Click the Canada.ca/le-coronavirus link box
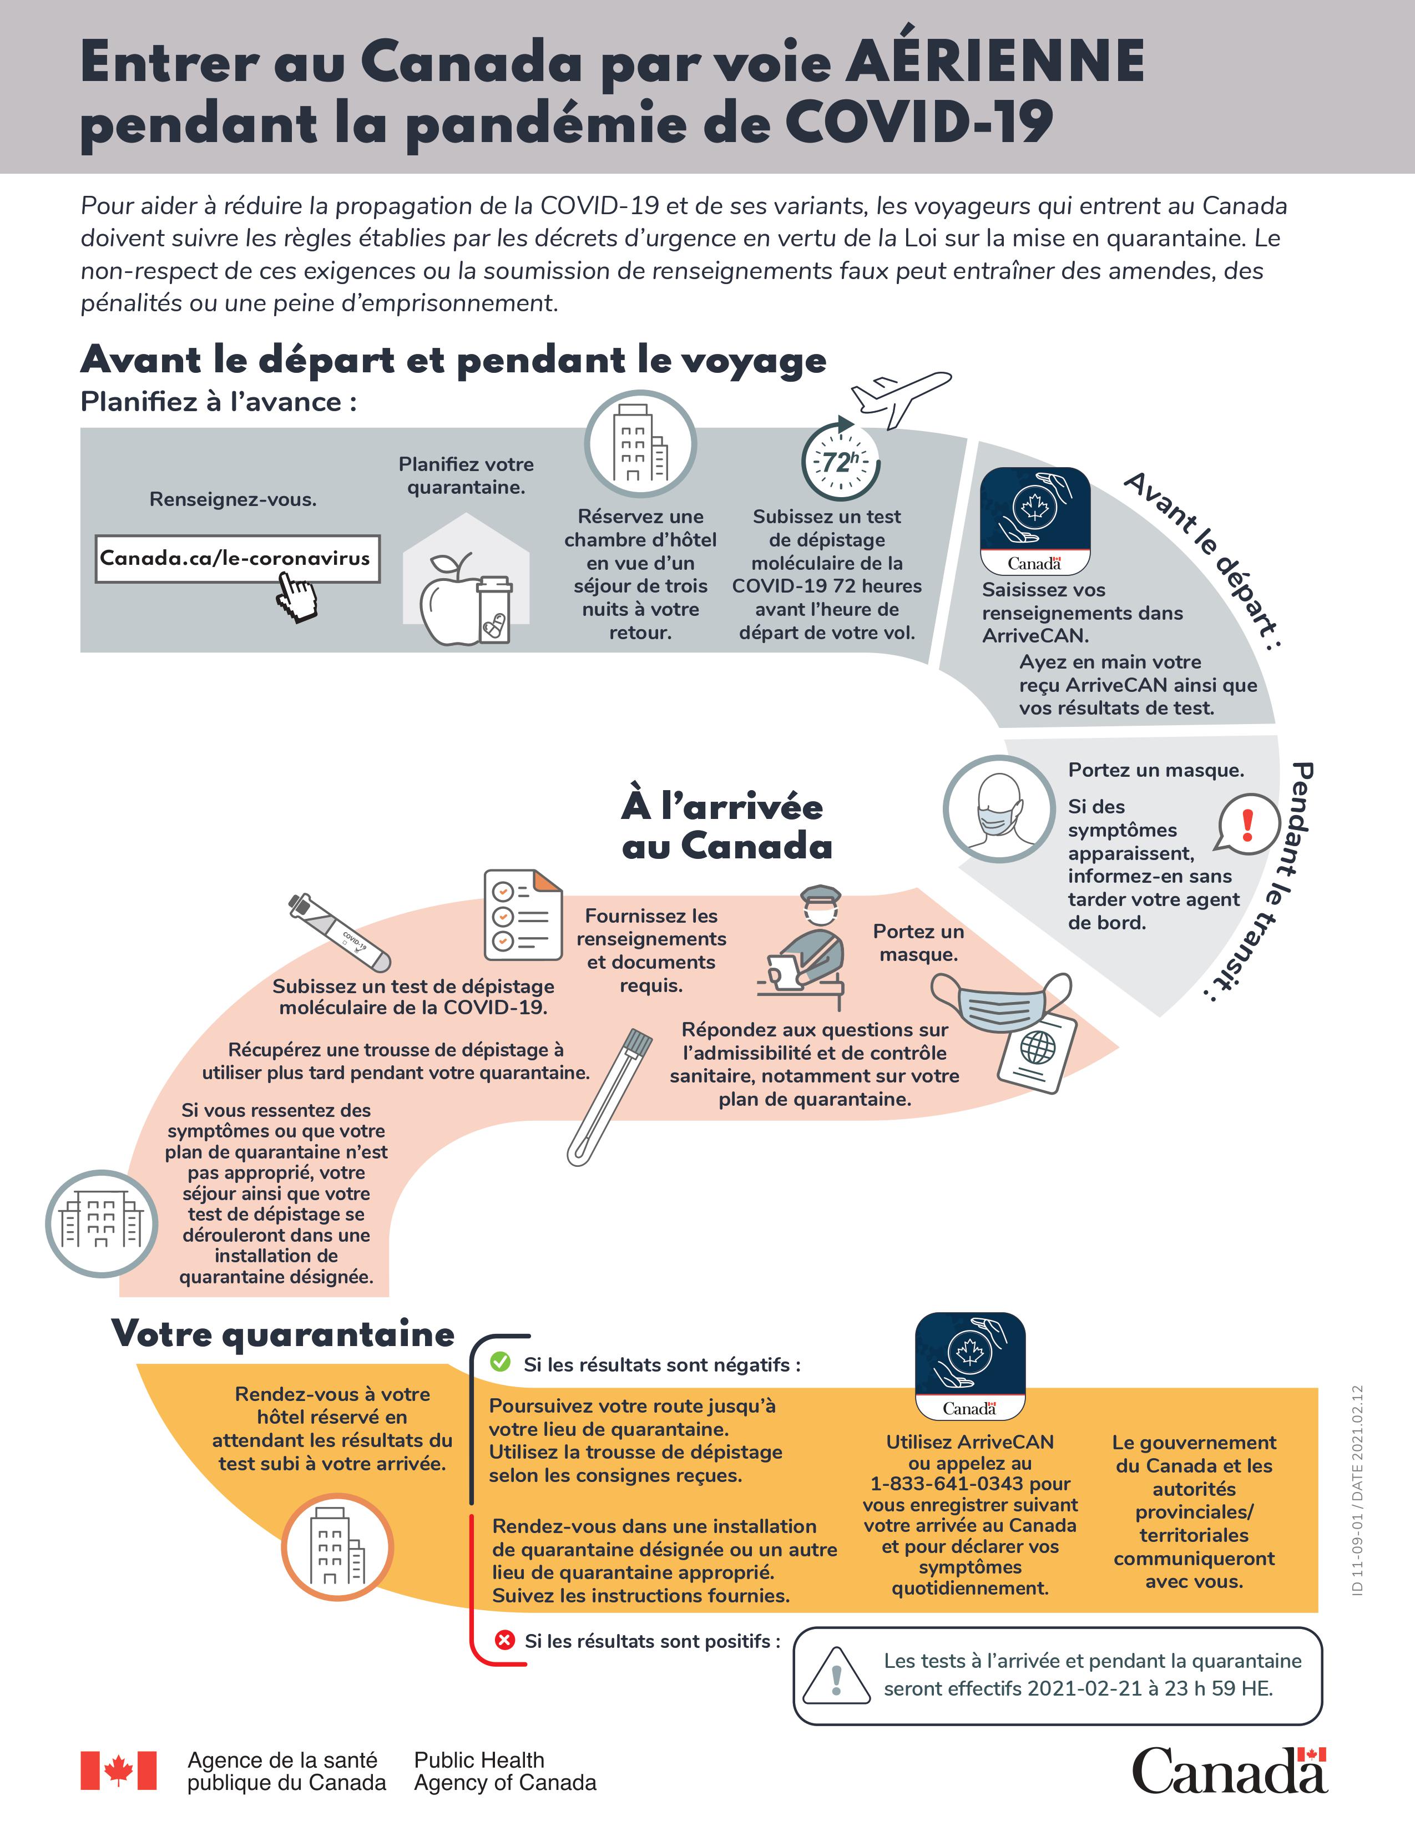(x=237, y=558)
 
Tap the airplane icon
(x=901, y=398)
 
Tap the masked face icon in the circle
(x=999, y=809)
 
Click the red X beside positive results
(x=504, y=1640)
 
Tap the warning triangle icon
(x=836, y=1677)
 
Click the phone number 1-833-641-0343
(x=947, y=1484)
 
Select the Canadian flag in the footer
(x=118, y=1771)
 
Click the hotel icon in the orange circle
(x=337, y=1547)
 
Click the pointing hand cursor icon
(x=297, y=596)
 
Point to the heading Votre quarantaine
(x=284, y=1334)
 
